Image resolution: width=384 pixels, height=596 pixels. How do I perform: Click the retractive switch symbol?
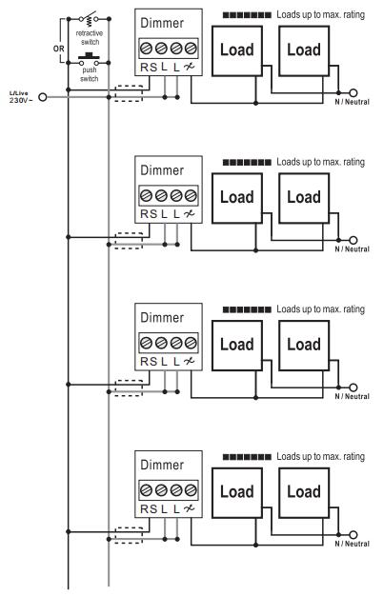click(89, 18)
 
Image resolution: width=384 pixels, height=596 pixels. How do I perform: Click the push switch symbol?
click(89, 60)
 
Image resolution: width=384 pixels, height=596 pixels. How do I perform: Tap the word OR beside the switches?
click(59, 49)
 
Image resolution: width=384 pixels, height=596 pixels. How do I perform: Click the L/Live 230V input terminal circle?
click(43, 97)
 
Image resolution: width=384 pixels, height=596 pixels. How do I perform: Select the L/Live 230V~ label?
click(21, 97)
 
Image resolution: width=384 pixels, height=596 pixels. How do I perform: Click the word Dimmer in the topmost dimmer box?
click(162, 23)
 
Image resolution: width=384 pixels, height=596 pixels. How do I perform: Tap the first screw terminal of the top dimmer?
click(147, 49)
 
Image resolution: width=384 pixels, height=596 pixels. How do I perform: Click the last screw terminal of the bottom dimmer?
click(191, 490)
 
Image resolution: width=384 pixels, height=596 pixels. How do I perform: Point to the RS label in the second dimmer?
click(149, 214)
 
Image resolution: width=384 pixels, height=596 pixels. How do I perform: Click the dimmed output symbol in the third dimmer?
click(190, 361)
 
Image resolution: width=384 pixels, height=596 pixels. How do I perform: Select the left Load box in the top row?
click(236, 50)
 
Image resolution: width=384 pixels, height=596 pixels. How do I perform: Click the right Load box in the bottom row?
click(304, 492)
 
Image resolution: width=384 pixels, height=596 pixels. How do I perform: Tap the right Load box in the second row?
click(304, 198)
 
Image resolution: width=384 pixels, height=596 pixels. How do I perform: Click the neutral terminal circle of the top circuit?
click(354, 92)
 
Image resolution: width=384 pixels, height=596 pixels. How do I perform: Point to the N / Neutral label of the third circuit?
click(352, 396)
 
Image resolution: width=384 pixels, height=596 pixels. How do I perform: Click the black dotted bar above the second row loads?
click(247, 163)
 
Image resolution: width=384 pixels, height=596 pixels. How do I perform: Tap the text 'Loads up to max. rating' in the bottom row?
click(320, 456)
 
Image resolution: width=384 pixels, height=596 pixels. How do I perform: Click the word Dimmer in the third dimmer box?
click(162, 317)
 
